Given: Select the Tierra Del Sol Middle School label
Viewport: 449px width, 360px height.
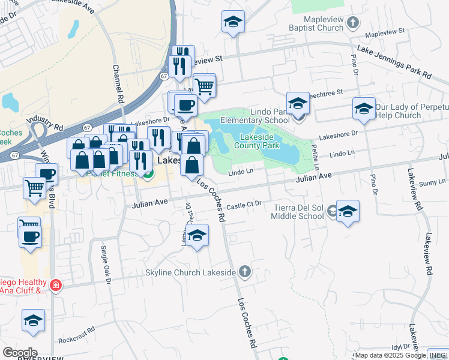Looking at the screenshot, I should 298,212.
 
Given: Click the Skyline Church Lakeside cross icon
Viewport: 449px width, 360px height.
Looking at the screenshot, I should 244,272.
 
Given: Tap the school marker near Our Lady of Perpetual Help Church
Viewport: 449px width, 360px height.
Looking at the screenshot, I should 364,109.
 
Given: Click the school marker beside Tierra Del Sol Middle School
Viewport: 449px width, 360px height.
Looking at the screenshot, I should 348,212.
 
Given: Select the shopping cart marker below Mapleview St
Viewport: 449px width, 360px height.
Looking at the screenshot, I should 204,86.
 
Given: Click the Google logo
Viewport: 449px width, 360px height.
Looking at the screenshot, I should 20,353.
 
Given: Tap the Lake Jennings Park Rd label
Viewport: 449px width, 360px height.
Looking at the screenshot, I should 394,63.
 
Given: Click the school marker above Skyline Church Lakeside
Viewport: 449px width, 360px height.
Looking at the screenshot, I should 196,236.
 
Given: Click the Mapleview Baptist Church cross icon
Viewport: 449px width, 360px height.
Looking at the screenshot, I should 353,23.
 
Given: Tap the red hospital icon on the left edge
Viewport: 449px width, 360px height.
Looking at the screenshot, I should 55,284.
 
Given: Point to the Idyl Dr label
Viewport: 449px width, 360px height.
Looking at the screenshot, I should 400,346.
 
